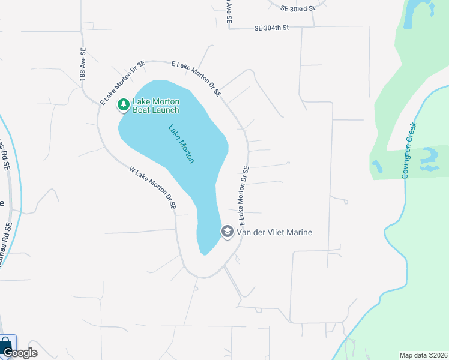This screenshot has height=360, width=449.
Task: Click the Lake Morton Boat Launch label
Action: pos(155,106)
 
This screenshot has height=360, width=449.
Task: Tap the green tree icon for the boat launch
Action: pos(124,105)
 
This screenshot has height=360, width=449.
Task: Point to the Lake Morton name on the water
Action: pos(181,144)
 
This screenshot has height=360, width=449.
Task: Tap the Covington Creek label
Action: pos(409,150)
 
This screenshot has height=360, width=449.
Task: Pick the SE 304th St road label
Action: pos(271,28)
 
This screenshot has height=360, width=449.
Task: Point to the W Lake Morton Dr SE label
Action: pos(153,187)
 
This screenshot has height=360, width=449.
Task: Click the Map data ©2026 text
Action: pos(423,355)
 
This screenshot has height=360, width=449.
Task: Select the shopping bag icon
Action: pos(6,344)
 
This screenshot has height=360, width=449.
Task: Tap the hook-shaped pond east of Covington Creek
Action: pos(430,157)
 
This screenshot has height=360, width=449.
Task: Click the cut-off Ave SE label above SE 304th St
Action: pos(229,11)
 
